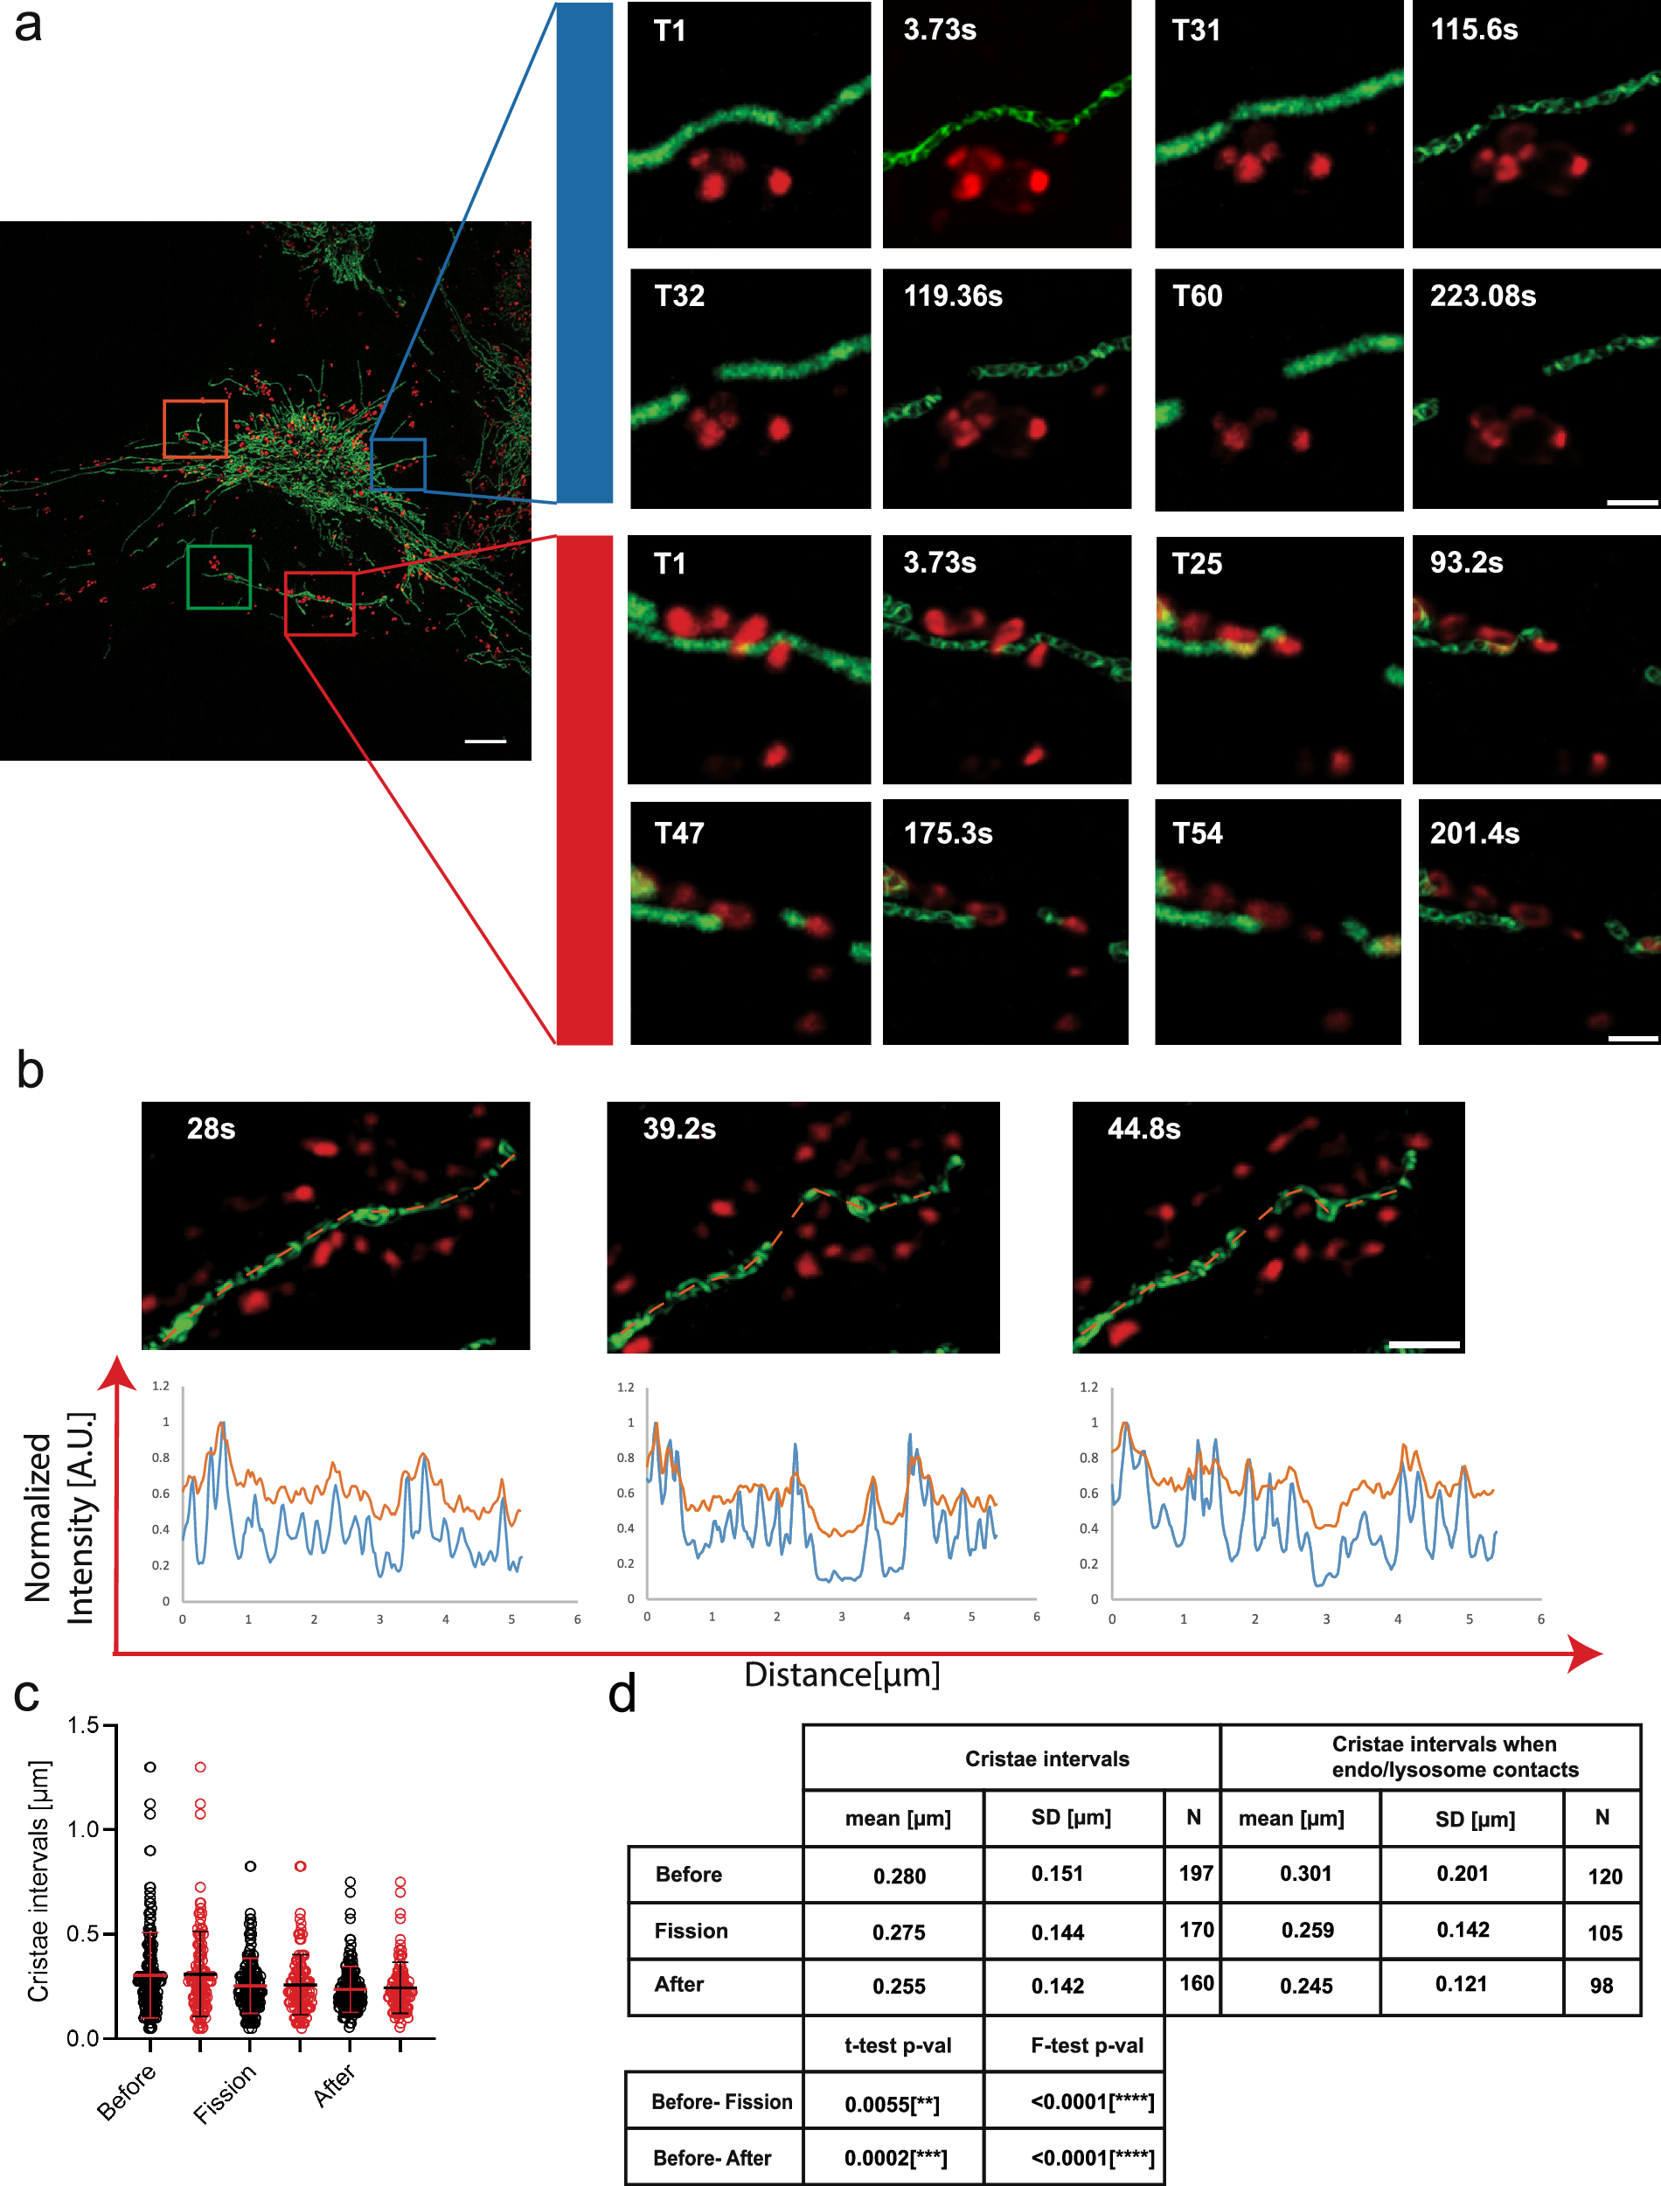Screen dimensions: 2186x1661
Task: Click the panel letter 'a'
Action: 28,25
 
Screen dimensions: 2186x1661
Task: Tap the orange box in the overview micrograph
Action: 195,402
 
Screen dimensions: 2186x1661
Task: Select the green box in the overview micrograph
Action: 219,546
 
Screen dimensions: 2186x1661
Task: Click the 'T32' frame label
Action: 679,296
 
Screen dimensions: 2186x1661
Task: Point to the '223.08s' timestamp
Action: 1482,296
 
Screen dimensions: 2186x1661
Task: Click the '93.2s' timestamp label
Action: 1466,562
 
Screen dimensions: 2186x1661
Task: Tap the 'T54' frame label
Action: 1198,832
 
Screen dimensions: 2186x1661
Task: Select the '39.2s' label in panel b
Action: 679,1128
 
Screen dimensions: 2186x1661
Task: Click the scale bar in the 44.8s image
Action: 1424,1345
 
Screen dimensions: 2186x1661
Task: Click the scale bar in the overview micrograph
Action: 484,741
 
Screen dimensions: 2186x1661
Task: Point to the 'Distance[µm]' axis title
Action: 841,1674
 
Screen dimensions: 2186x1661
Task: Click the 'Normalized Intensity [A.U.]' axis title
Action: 59,1518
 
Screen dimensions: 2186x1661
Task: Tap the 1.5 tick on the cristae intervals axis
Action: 83,1725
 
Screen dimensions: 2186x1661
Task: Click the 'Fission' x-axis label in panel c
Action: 225,2093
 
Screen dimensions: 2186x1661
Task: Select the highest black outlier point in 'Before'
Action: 150,1767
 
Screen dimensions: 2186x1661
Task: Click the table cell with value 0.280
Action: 899,1876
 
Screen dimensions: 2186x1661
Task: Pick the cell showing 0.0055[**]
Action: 892,2104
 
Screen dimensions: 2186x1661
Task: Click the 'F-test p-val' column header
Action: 1087,2045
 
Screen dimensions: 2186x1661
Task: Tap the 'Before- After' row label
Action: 712,2158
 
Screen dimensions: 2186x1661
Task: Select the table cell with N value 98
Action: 1602,1985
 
